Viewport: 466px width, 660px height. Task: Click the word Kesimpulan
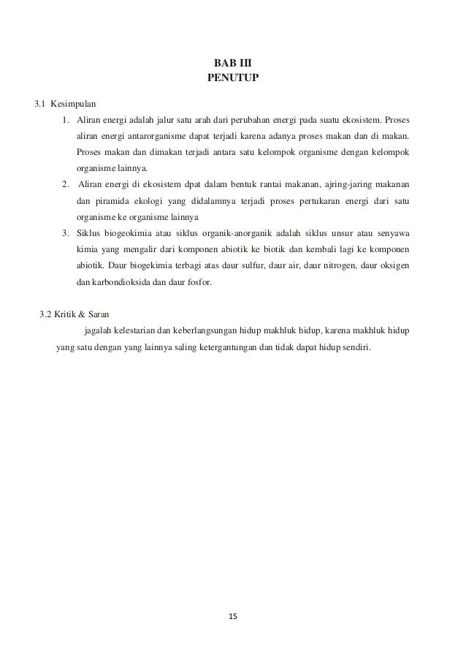tap(74, 103)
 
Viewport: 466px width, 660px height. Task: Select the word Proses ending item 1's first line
tap(395, 120)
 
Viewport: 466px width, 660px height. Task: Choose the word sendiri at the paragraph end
tap(354, 347)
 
